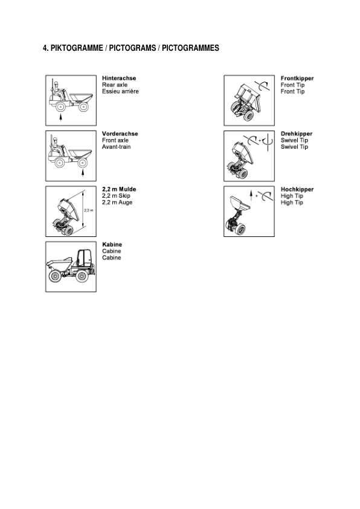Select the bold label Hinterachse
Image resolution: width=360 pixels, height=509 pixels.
click(x=119, y=78)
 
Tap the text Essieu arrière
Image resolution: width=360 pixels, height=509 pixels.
click(x=120, y=91)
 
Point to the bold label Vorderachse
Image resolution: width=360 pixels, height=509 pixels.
click(x=120, y=134)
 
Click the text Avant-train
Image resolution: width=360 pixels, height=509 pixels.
click(x=117, y=147)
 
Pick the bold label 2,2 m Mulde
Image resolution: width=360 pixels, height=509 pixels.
click(x=119, y=189)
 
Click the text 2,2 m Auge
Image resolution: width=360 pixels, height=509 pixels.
click(x=117, y=203)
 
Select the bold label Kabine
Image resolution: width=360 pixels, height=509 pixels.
click(x=112, y=244)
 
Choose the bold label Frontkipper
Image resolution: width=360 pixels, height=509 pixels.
click(x=297, y=78)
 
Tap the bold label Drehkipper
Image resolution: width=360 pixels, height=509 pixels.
click(x=297, y=134)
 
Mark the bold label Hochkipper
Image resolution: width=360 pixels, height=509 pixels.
click(x=297, y=189)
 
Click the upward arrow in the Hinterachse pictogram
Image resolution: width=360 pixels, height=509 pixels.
click(x=60, y=118)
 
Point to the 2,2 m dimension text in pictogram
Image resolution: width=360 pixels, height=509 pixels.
click(x=88, y=210)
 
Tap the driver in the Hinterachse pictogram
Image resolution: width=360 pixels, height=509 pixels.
click(x=59, y=92)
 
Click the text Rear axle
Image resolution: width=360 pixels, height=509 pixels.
click(x=115, y=85)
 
